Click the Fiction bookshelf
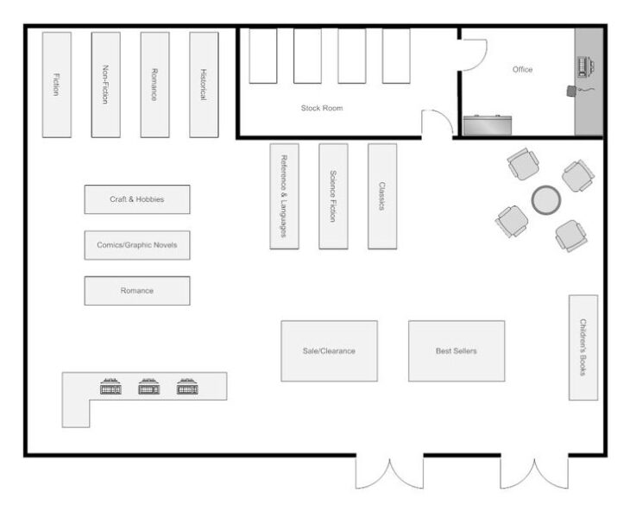tap(57, 85)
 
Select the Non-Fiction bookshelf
tap(105, 85)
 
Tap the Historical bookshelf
tap(204, 85)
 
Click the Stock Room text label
tap(322, 108)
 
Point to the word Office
tap(522, 69)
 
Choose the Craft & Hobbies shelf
tap(136, 199)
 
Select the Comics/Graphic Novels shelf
tap(136, 245)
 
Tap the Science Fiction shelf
tap(333, 196)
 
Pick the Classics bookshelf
tap(381, 196)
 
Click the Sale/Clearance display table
tap(329, 351)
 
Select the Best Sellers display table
tap(456, 351)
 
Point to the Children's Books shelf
tap(583, 348)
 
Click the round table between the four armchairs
tap(545, 200)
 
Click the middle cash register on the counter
tap(149, 388)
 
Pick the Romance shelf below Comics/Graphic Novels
tap(136, 291)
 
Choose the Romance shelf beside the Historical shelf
tap(154, 85)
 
